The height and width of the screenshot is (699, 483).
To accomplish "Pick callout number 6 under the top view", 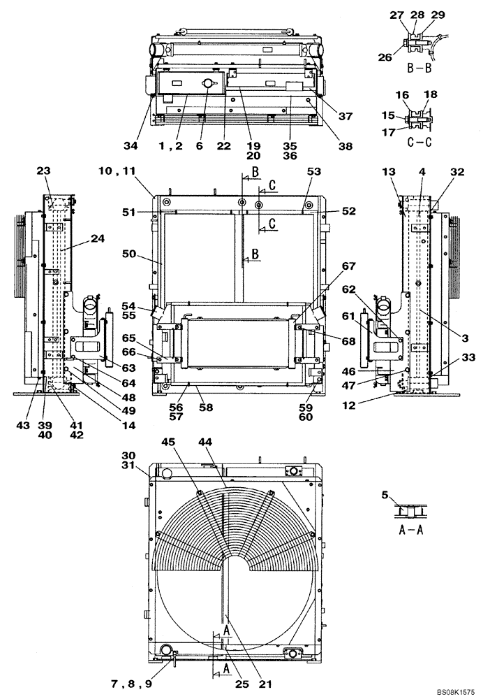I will [x=200, y=146].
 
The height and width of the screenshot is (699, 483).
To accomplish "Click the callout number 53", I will [x=313, y=171].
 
